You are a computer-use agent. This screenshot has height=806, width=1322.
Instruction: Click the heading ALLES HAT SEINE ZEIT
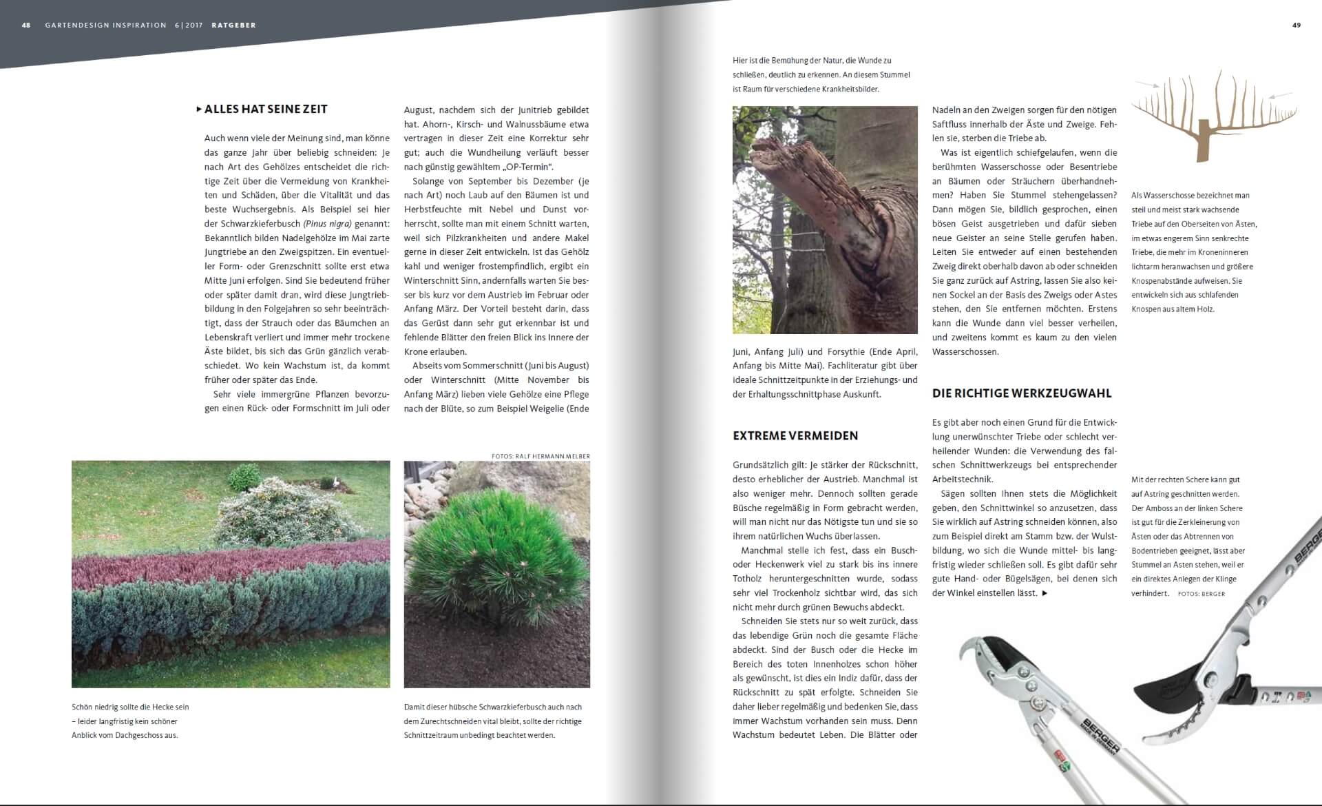click(x=266, y=109)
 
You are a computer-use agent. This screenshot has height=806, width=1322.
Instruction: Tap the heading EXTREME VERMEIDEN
click(x=795, y=435)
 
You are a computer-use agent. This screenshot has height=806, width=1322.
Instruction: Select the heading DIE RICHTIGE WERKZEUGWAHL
click(x=1022, y=393)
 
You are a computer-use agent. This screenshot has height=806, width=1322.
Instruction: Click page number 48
click(x=26, y=25)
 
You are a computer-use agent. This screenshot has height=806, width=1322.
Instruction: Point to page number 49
click(x=1297, y=25)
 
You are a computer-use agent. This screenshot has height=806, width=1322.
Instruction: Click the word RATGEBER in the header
click(x=233, y=25)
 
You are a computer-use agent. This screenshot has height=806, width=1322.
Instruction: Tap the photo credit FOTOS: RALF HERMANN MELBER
click(x=541, y=456)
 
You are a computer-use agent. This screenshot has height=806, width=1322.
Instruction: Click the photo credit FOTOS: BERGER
click(x=1202, y=594)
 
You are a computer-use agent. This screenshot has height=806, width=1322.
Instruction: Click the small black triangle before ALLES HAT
click(x=199, y=109)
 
